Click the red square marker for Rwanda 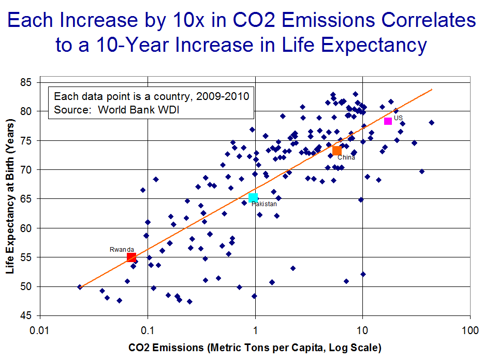[131, 257]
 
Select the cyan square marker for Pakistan [253, 198]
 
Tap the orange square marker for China [337, 151]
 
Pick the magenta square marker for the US [388, 121]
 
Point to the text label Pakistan [264, 205]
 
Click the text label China [346, 157]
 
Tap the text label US [398, 118]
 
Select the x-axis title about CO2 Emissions [255, 347]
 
